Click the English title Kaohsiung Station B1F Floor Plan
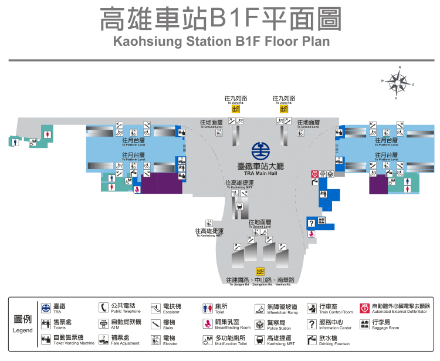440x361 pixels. (x=221, y=42)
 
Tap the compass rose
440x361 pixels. (x=398, y=83)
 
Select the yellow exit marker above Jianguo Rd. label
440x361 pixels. (x=260, y=271)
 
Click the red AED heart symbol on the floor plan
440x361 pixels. (x=314, y=174)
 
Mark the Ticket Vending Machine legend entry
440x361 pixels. (x=67, y=340)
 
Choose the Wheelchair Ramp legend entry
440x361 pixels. (x=279, y=309)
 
